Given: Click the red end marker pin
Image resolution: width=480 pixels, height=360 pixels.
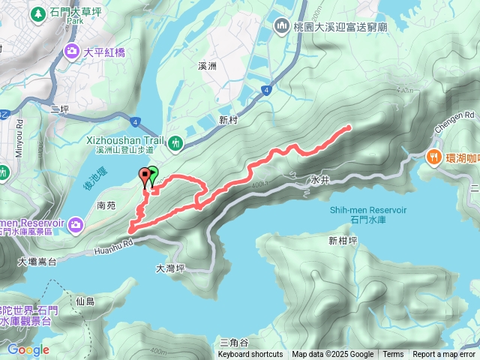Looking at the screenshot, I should pos(144,177).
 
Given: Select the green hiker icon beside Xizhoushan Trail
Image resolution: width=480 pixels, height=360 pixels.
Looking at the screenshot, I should pos(176,142).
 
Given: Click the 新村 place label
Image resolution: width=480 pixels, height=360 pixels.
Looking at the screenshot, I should pos(228,120).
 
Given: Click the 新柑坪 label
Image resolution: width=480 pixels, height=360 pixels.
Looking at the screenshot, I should pos(342,240).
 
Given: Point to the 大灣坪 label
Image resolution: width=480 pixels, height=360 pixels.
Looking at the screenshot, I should pos(169,268).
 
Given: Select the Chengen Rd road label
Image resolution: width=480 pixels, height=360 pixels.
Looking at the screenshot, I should pos(459,115).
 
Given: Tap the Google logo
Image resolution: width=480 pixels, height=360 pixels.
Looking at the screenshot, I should pos(28,349).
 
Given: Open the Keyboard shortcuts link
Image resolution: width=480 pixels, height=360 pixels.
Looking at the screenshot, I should pos(250,355).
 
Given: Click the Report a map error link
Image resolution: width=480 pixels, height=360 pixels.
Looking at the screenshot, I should pos(443,355).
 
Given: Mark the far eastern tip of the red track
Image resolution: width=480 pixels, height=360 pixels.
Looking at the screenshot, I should pos(349,127).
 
